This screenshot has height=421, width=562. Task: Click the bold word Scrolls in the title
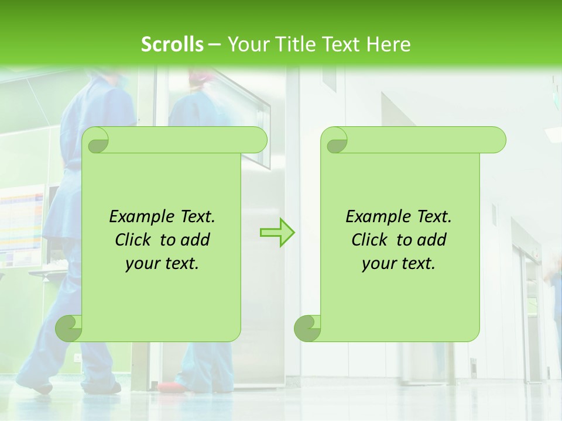(x=172, y=44)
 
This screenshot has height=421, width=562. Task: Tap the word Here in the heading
(x=388, y=44)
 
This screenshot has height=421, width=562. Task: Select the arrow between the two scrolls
(x=277, y=233)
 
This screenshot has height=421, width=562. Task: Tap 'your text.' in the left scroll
(x=162, y=263)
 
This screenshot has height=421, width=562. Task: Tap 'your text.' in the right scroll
(x=399, y=263)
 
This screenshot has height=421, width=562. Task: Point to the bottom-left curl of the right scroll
(x=307, y=328)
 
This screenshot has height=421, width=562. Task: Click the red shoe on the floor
(x=168, y=387)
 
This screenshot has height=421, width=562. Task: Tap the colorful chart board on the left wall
(x=22, y=226)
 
